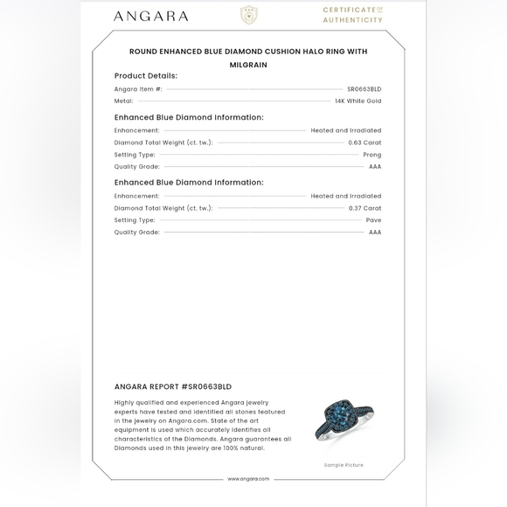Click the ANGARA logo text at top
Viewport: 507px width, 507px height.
[x=150, y=16]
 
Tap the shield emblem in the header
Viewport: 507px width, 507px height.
[x=249, y=15]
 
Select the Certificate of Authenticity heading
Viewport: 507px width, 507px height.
[x=352, y=15]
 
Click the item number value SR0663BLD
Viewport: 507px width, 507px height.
[x=364, y=89]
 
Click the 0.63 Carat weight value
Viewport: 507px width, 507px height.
[x=365, y=142]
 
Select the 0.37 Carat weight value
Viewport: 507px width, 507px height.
[x=365, y=208]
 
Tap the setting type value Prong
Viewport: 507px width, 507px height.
[x=372, y=155]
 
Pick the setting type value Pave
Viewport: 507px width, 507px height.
[x=373, y=220]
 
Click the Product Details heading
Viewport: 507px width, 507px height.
[x=145, y=76]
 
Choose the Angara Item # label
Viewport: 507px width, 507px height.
[x=138, y=89]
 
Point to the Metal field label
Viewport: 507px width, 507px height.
[x=123, y=101]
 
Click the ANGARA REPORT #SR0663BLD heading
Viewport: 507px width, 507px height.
[x=173, y=386]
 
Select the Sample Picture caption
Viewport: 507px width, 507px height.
[x=343, y=465]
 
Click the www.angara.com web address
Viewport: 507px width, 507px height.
[x=248, y=479]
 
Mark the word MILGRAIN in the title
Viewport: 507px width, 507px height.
[x=248, y=65]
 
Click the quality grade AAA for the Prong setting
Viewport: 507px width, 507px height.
[x=374, y=166]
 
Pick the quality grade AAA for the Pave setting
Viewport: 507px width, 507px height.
[x=374, y=233]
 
